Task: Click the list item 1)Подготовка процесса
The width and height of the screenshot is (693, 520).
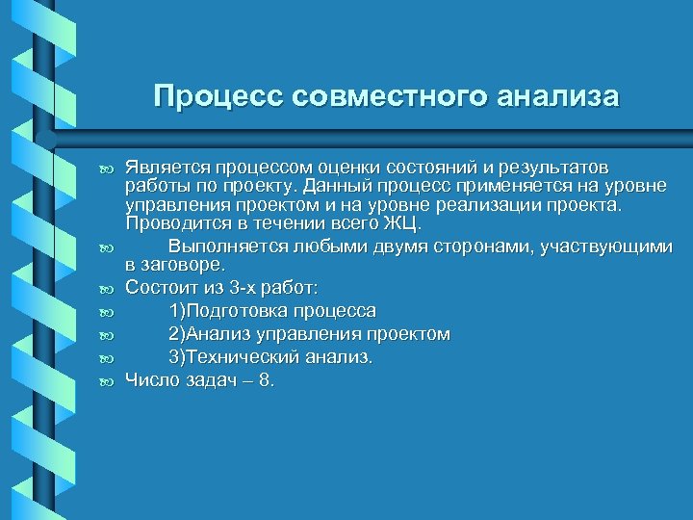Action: pyautogui.click(x=272, y=311)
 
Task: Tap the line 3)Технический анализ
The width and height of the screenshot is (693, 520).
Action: pyautogui.click(x=271, y=357)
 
